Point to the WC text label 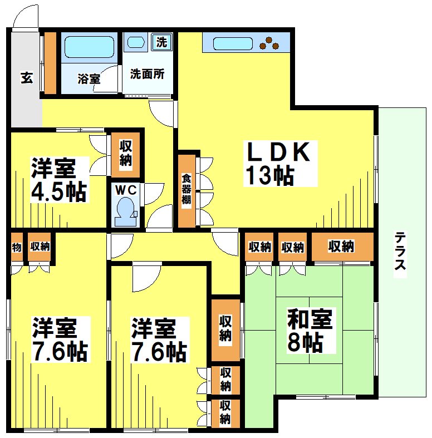[125, 190]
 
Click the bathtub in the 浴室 [89, 47]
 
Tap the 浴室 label [89, 78]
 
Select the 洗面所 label [147, 74]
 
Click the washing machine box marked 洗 [161, 41]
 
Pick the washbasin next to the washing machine [135, 42]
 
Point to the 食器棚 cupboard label [186, 191]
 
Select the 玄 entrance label [26, 78]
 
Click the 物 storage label [16, 247]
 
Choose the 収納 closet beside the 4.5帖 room [126, 152]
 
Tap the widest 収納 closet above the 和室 [341, 247]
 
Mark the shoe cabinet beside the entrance [50, 63]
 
